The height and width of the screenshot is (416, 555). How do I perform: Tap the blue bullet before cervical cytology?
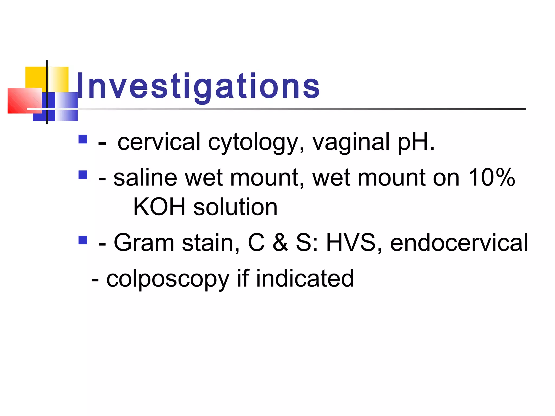[83, 139]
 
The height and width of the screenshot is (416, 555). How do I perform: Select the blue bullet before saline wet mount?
[83, 175]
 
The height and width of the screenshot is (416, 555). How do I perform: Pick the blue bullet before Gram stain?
[83, 240]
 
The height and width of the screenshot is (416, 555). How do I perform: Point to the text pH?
[416, 143]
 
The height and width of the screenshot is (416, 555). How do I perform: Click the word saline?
[145, 178]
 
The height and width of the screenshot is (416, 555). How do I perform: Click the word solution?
[235, 207]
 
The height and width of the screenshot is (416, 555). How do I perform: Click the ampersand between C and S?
[280, 243]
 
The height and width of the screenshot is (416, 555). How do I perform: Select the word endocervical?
[459, 243]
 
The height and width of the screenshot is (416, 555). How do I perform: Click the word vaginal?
[351, 143]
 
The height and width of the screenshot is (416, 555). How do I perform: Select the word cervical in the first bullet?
[159, 142]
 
